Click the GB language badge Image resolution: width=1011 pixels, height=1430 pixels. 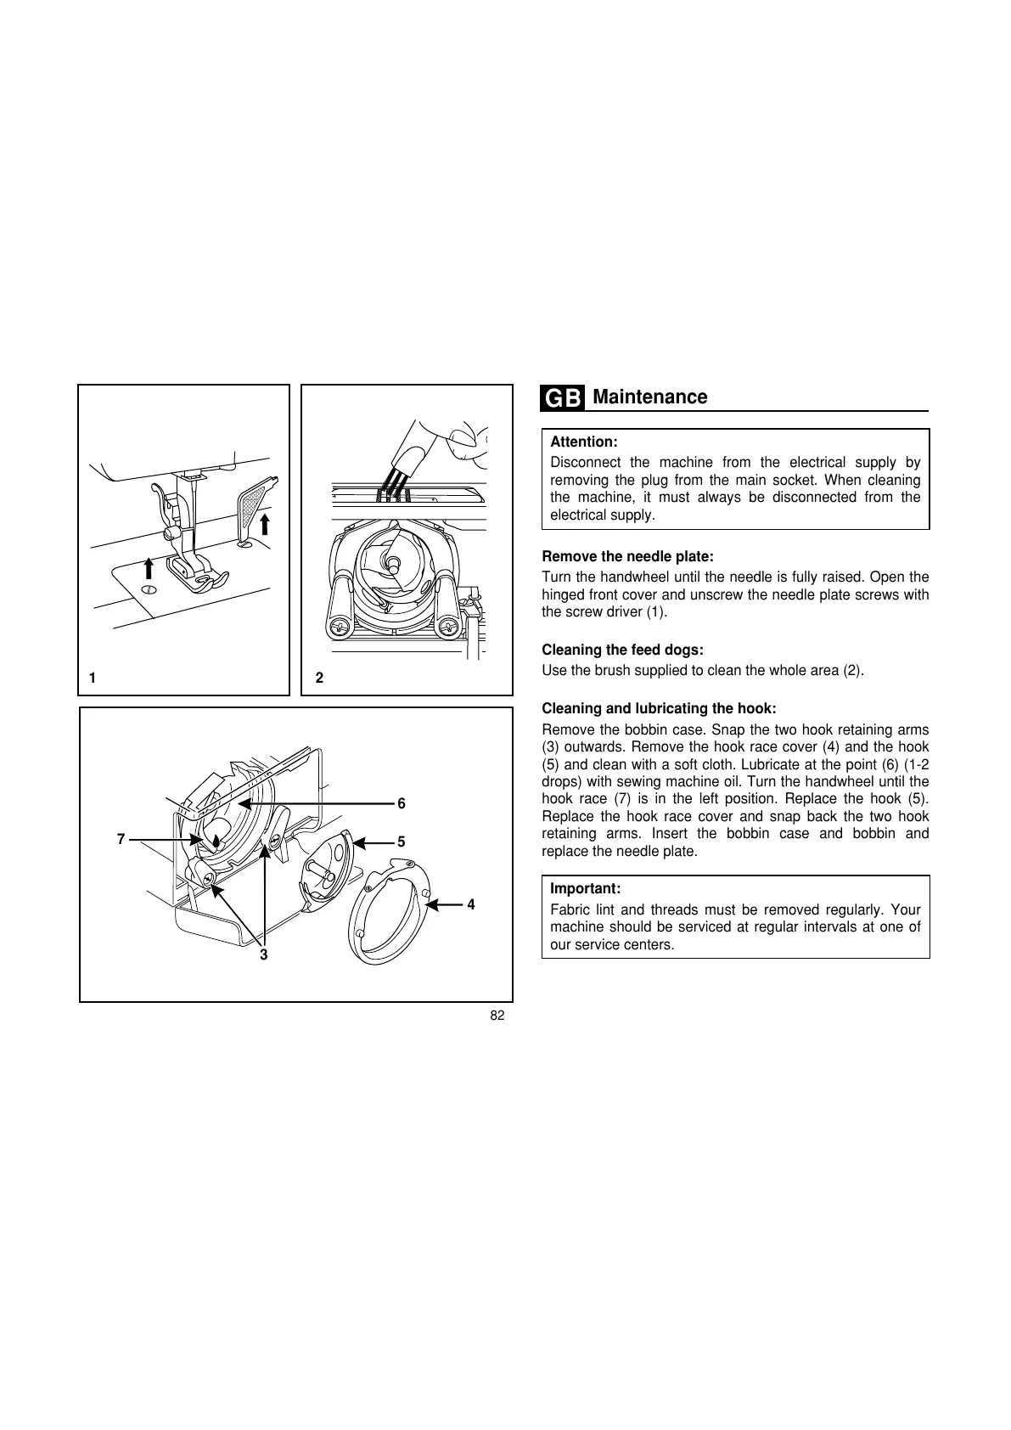(562, 398)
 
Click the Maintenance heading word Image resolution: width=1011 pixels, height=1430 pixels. (649, 397)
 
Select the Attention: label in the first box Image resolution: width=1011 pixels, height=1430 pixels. (584, 442)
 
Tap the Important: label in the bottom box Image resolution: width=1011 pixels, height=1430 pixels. (586, 889)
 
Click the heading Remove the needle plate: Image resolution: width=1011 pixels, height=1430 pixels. (627, 557)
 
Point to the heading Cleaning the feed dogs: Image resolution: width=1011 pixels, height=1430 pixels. (622, 650)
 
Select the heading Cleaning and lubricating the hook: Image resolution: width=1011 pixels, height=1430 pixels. (659, 709)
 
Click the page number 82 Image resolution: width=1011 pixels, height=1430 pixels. (497, 1016)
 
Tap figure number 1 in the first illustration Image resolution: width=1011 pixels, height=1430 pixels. (93, 678)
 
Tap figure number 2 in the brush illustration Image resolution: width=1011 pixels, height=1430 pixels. (319, 678)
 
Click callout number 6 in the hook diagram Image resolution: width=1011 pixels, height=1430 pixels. (402, 803)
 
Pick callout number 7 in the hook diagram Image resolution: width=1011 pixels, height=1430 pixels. (121, 840)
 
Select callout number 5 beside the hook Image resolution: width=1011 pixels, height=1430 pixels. (402, 842)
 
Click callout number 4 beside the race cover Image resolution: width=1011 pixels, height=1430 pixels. (471, 905)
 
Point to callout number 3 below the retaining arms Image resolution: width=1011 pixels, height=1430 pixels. (264, 955)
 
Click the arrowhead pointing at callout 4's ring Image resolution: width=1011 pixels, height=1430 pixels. (430, 905)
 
